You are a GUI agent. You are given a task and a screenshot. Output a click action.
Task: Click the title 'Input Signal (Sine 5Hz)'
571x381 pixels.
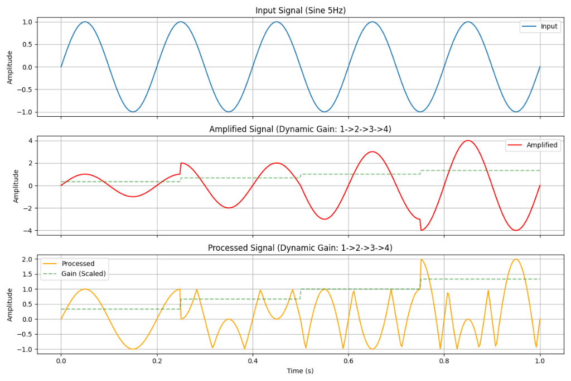[x=300, y=11]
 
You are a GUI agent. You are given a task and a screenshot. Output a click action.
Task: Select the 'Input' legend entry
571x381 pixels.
[x=549, y=27]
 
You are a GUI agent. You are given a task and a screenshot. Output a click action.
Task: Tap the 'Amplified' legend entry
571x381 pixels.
[x=541, y=145]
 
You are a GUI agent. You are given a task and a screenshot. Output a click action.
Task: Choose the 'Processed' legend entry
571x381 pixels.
[x=78, y=264]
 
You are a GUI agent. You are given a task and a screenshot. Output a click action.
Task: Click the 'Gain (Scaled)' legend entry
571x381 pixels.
[x=84, y=274]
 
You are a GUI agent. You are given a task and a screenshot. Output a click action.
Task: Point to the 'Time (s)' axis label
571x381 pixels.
[x=300, y=371]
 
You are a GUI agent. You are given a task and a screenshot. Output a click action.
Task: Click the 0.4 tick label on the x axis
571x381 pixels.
[x=253, y=360]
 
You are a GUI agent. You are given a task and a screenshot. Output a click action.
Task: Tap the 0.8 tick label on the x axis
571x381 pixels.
[x=444, y=360]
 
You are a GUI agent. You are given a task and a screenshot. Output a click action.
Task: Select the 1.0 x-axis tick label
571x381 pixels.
[x=540, y=360]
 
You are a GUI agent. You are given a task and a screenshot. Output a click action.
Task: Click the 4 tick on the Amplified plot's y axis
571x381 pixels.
[x=31, y=141]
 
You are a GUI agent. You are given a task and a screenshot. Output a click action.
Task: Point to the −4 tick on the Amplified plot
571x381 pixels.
[x=29, y=231]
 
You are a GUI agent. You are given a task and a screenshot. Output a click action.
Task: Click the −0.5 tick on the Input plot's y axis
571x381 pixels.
[x=25, y=89]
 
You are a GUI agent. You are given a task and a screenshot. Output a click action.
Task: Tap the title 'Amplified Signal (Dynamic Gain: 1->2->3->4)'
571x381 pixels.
[x=300, y=129]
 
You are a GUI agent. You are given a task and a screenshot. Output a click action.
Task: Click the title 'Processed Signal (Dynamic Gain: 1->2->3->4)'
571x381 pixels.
[x=300, y=247]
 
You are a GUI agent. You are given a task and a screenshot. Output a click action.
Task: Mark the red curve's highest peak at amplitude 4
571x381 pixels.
[x=468, y=141]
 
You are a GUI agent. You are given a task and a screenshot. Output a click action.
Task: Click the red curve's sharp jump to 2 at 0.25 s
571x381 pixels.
[x=181, y=163]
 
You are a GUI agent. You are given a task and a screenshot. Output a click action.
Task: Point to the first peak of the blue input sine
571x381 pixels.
[x=85, y=22]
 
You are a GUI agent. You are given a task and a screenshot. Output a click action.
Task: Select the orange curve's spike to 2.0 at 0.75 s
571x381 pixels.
[x=421, y=260]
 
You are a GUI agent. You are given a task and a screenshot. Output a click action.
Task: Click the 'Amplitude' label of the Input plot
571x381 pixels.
[x=10, y=66]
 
